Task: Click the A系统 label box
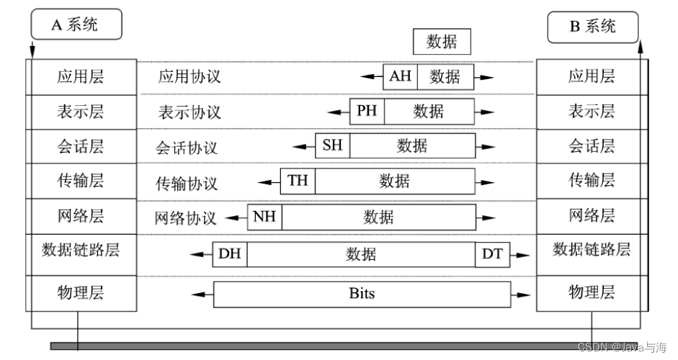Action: pyautogui.click(x=76, y=24)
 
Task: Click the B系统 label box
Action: pyautogui.click(x=593, y=27)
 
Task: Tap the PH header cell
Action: pyautogui.click(x=367, y=111)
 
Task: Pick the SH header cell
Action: pyautogui.click(x=332, y=145)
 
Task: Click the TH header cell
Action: pyautogui.click(x=298, y=181)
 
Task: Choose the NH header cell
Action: pyautogui.click(x=264, y=216)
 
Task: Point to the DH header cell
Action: pyautogui.click(x=230, y=253)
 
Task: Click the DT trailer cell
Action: pyautogui.click(x=492, y=253)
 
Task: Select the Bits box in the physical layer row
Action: pyautogui.click(x=362, y=294)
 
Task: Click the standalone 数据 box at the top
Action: pyautogui.click(x=441, y=42)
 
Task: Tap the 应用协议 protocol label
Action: pyautogui.click(x=189, y=77)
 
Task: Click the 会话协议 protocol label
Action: pyautogui.click(x=187, y=148)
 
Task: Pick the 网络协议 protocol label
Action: pyautogui.click(x=185, y=217)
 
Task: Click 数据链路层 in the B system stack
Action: pyautogui.click(x=592, y=250)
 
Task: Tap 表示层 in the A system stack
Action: pyautogui.click(x=81, y=112)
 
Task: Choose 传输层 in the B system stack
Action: pyautogui.click(x=592, y=180)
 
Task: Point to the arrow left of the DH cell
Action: pyautogui.click(x=200, y=254)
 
